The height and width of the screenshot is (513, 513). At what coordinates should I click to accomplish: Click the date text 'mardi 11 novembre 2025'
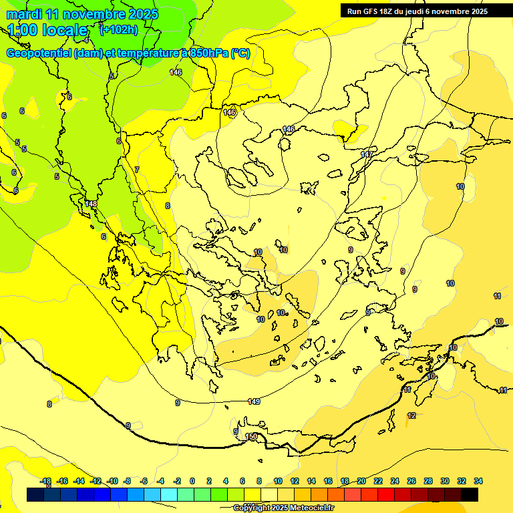click(82, 14)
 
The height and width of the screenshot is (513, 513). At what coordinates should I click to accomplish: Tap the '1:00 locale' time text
click(48, 30)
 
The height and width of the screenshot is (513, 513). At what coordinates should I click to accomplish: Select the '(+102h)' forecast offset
click(118, 29)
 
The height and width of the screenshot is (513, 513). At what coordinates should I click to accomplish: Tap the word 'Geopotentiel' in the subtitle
click(39, 53)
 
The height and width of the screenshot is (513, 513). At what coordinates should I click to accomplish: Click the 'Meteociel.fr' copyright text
click(308, 508)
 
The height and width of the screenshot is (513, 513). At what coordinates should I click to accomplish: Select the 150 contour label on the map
click(252, 436)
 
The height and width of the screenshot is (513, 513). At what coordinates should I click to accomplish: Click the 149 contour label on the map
click(254, 401)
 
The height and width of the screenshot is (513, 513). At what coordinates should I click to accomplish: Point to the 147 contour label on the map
click(367, 154)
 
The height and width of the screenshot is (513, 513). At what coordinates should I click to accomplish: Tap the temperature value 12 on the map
click(411, 415)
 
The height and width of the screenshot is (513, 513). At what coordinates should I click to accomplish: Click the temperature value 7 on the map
click(137, 170)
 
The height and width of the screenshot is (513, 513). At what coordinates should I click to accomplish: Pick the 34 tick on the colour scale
click(478, 481)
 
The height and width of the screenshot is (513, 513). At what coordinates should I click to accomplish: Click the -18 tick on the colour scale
click(46, 481)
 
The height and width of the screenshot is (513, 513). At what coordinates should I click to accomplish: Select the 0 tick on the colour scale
click(192, 481)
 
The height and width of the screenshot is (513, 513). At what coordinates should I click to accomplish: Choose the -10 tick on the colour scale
click(112, 481)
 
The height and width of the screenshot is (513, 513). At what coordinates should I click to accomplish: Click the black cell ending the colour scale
click(470, 495)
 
